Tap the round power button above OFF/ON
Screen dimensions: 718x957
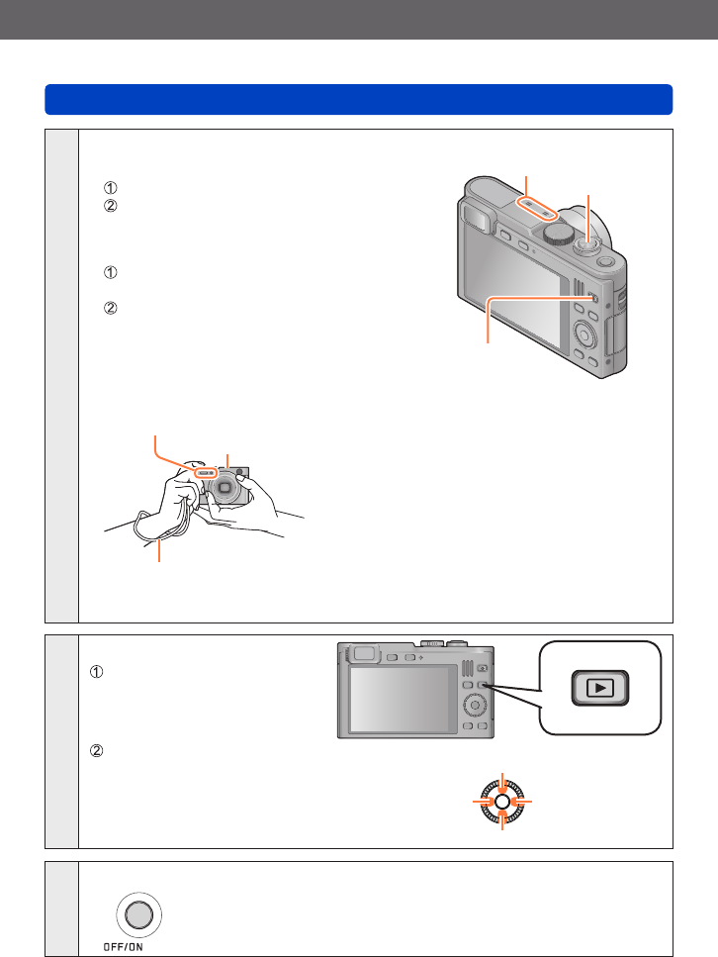click(139, 916)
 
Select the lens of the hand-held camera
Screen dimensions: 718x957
click(225, 487)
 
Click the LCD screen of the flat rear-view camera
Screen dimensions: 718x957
click(397, 699)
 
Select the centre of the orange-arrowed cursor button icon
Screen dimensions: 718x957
click(502, 800)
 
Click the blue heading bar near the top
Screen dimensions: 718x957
click(358, 99)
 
